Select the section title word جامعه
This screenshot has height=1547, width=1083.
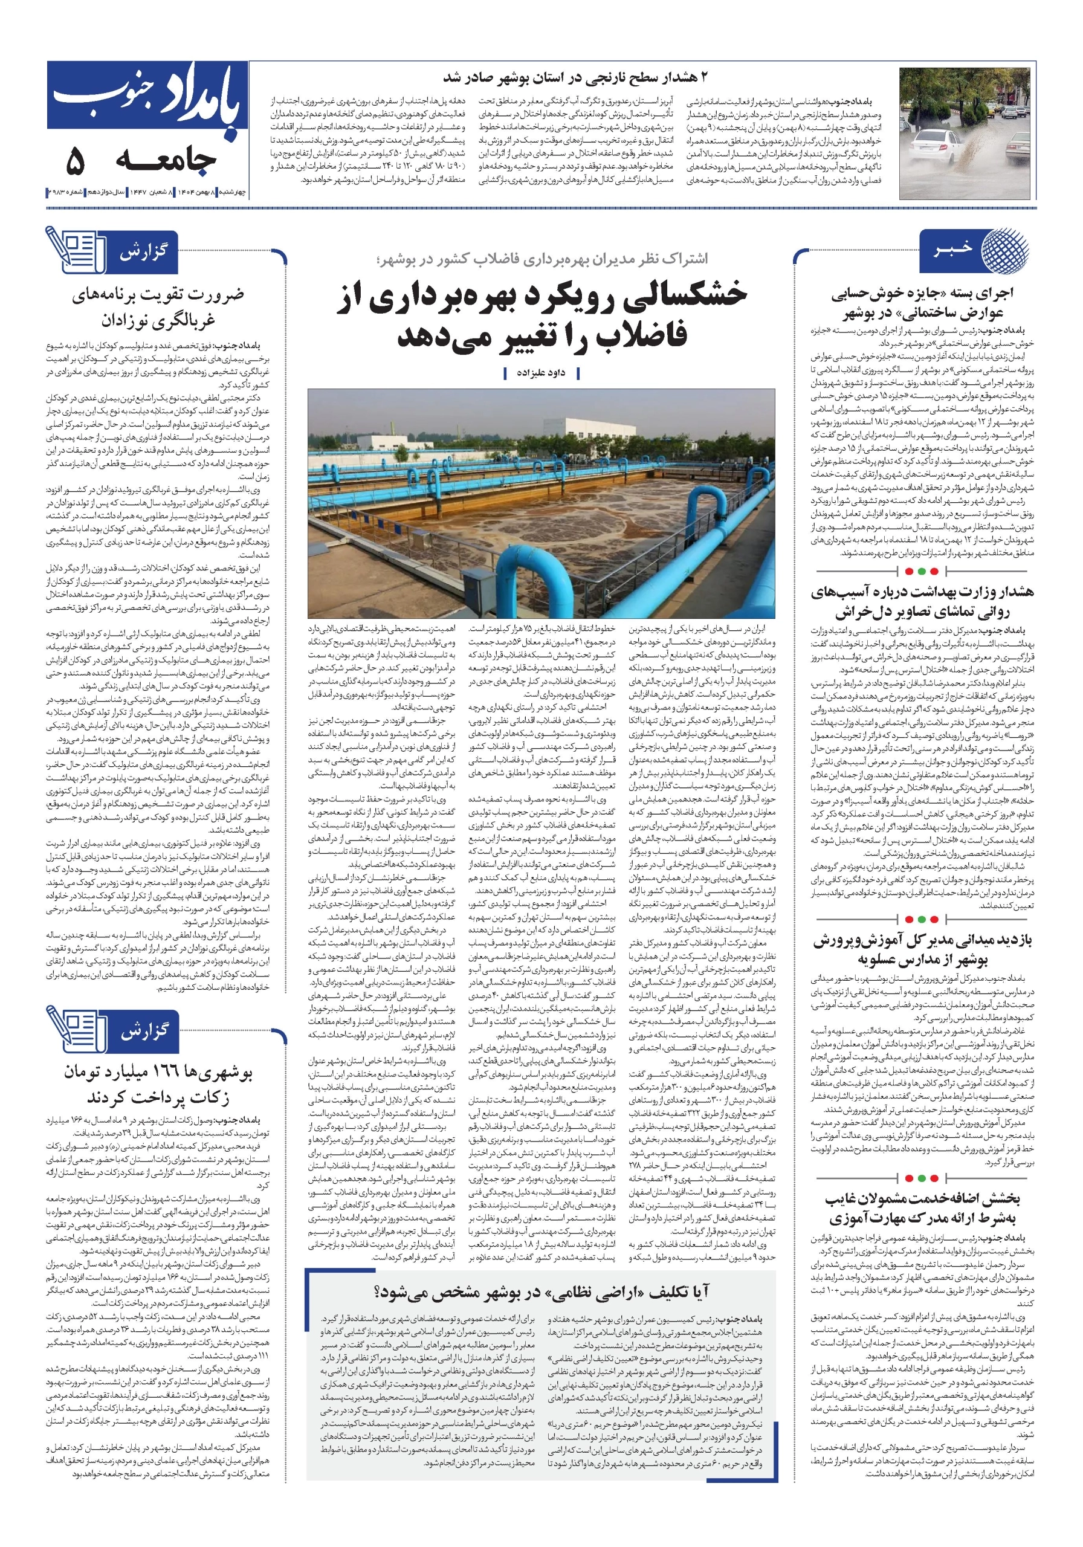[166, 160]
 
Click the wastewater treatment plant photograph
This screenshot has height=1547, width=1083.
[540, 503]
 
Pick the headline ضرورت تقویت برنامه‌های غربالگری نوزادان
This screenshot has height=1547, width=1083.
[158, 307]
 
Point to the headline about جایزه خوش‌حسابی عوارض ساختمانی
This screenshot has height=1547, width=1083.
[920, 303]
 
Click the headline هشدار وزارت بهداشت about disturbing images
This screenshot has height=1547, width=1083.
[920, 602]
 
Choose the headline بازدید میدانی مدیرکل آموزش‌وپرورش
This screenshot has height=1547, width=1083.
[920, 949]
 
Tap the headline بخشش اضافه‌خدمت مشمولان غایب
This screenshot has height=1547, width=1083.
[920, 1208]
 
